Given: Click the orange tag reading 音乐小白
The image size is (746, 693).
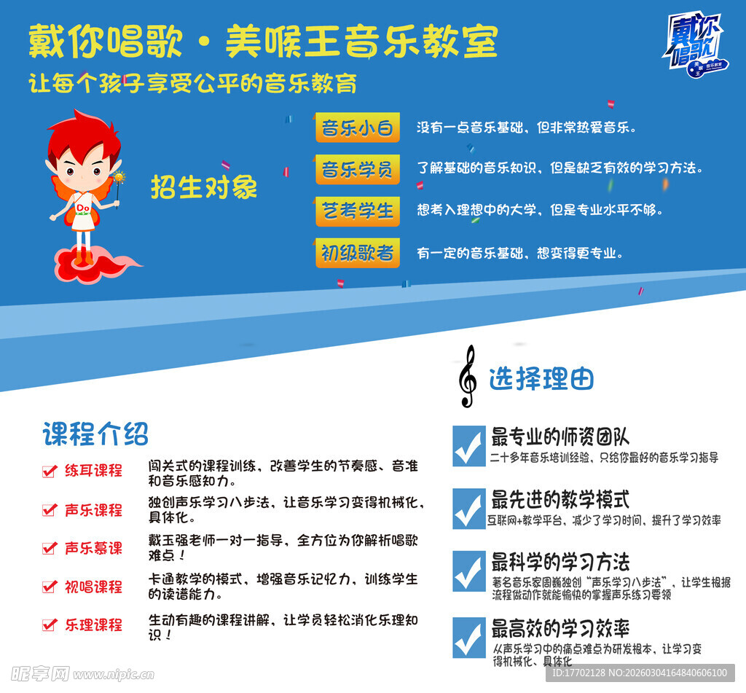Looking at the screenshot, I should pos(357,128).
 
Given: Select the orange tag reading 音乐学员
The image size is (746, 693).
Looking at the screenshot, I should pos(357,170).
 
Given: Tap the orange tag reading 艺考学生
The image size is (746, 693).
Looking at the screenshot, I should pos(357,211).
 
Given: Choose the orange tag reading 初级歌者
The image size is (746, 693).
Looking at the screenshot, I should pos(357,253).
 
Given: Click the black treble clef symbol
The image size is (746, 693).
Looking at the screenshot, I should pos(467,376).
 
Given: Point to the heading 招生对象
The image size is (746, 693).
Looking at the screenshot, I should pos(204,187).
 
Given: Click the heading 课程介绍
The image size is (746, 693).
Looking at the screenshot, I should pos(95,434).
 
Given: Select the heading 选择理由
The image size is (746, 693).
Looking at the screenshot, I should pos(541,379).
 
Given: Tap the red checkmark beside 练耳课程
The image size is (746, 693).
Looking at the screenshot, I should pos(50,471).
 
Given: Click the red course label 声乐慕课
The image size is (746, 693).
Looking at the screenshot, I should pos(93,548).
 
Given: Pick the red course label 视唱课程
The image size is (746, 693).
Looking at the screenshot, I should pos(93,587).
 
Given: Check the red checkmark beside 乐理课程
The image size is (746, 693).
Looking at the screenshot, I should pos(50,625).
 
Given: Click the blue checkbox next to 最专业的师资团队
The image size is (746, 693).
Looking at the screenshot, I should pos(468,446).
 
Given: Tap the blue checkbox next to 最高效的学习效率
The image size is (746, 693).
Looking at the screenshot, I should pos(468,638).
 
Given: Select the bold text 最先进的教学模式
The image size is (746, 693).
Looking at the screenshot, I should pos(559,501).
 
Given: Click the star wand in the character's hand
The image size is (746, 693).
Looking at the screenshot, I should pos(119,179).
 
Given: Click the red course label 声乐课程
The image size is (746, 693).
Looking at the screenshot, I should pos(93,510).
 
